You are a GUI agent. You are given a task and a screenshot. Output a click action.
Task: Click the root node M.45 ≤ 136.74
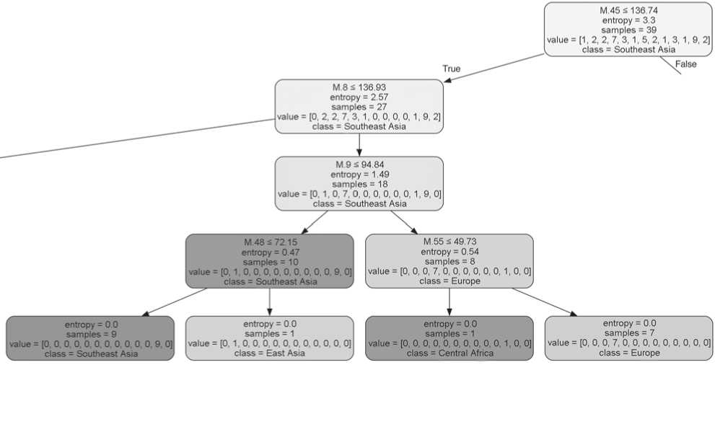[628, 30]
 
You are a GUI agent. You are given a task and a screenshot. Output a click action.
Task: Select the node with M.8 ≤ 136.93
[359, 106]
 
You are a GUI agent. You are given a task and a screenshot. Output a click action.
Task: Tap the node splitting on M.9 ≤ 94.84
[359, 184]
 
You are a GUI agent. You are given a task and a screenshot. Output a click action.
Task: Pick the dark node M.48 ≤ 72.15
[270, 261]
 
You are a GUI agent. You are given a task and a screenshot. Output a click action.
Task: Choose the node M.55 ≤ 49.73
[449, 261]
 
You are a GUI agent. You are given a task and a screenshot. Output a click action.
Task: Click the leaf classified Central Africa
[449, 338]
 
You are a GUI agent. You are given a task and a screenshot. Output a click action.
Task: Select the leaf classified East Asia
[270, 338]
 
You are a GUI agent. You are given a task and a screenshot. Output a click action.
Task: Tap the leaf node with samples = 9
[90, 338]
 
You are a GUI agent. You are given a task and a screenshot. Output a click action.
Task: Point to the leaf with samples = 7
[628, 338]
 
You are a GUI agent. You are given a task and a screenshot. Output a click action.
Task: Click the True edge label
[452, 69]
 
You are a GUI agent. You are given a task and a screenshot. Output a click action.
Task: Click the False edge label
[686, 64]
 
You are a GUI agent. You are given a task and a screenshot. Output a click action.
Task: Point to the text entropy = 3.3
[628, 20]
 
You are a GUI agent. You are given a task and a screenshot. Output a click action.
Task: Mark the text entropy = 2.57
[359, 97]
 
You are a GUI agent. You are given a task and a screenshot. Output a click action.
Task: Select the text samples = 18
[359, 184]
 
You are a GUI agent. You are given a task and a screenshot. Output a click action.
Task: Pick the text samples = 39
[628, 30]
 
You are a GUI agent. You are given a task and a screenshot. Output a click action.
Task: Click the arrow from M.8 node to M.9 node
[359, 145]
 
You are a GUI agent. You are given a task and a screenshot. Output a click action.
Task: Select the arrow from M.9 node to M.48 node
[314, 222]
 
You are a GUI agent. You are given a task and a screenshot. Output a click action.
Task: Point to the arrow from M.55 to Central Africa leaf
[449, 302]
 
